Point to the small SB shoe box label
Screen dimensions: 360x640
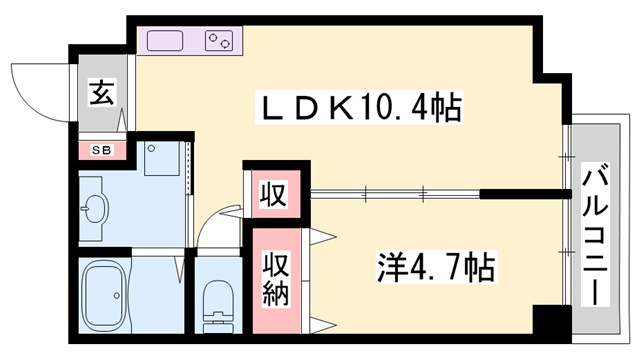coord(100,151)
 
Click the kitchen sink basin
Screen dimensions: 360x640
coord(166,41)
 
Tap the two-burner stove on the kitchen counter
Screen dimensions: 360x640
coord(217,41)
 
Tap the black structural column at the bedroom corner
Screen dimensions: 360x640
coord(548,323)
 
